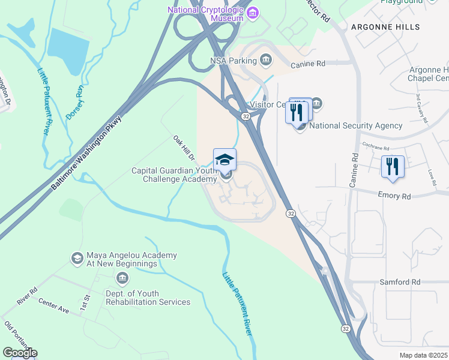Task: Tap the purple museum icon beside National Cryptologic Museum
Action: click(253, 12)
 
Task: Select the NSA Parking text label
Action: click(232, 60)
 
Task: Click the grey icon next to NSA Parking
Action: click(265, 59)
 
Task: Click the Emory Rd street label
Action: click(394, 196)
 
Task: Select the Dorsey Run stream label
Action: click(74, 102)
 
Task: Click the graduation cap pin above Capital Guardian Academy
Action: click(224, 160)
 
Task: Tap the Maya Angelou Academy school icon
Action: click(77, 259)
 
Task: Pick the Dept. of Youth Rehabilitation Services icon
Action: click(122, 278)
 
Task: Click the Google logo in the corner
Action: click(20, 352)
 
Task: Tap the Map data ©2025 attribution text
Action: click(423, 355)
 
